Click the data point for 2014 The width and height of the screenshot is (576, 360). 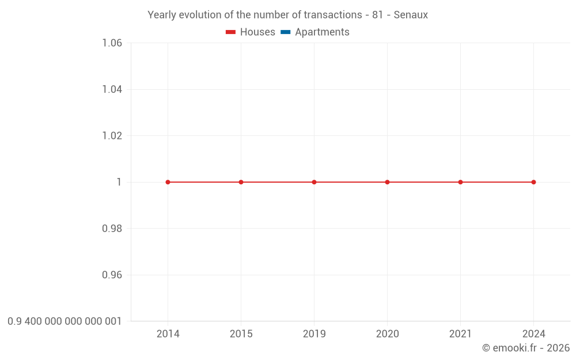(168, 182)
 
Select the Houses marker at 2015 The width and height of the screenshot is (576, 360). (241, 182)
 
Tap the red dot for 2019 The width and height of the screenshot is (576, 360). (314, 182)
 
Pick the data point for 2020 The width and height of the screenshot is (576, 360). (387, 182)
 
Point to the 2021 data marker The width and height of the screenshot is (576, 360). (460, 182)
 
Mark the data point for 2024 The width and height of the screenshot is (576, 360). (533, 182)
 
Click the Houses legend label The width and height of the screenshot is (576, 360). (257, 32)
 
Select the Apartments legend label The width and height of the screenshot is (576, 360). (322, 32)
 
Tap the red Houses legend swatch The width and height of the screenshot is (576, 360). (231, 32)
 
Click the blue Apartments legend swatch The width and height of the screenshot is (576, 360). (286, 32)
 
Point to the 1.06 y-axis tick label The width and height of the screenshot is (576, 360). (112, 43)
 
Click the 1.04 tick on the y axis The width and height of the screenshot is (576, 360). (112, 89)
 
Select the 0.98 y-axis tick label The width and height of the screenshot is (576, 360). (112, 229)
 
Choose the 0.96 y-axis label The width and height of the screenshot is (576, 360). (112, 275)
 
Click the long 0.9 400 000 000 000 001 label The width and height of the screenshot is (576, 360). (65, 321)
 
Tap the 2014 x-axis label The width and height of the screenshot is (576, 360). (168, 334)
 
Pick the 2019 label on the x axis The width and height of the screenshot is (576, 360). (314, 334)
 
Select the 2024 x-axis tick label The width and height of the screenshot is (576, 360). (533, 334)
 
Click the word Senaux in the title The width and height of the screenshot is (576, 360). (411, 15)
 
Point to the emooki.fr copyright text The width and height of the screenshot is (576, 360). (526, 348)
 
